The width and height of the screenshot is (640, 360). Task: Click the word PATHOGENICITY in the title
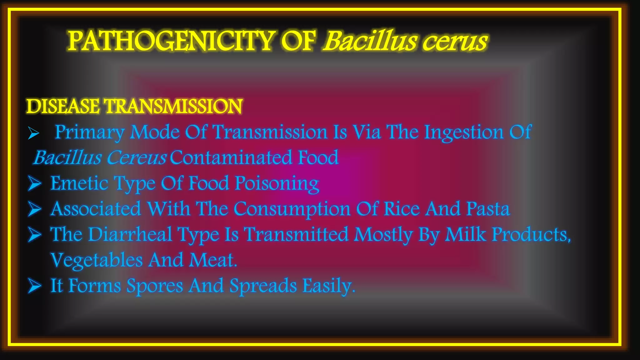click(170, 41)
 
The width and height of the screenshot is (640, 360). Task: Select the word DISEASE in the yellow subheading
click(63, 106)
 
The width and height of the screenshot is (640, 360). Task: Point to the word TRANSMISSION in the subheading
click(173, 106)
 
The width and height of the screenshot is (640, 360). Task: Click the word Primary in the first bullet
click(89, 132)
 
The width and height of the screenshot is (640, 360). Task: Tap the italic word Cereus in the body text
click(136, 157)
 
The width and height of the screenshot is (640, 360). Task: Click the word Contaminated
click(231, 157)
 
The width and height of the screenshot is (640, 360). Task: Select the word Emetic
click(79, 183)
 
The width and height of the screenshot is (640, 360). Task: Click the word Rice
click(402, 209)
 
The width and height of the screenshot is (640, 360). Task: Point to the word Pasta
click(488, 209)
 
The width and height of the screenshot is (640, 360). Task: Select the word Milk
click(465, 234)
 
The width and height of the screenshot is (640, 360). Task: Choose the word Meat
click(213, 260)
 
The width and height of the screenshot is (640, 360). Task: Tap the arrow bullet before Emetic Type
click(34, 183)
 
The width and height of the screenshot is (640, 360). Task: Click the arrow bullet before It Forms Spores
click(34, 286)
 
